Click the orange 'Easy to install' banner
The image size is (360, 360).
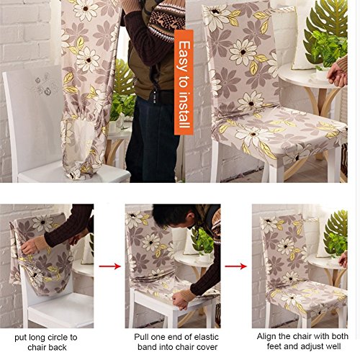[184, 82]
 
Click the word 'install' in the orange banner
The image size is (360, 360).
[184, 111]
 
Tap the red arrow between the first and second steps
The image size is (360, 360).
[109, 266]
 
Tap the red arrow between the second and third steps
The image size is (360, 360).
[235, 266]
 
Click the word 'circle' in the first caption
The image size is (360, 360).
[57, 338]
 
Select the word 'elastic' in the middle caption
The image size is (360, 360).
[207, 337]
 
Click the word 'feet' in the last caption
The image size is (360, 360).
[274, 346]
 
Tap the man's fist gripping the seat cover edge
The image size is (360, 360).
[180, 301]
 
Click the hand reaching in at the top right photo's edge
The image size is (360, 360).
[338, 73]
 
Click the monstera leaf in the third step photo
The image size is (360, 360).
[336, 233]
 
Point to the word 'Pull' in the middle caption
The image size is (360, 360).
[141, 337]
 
